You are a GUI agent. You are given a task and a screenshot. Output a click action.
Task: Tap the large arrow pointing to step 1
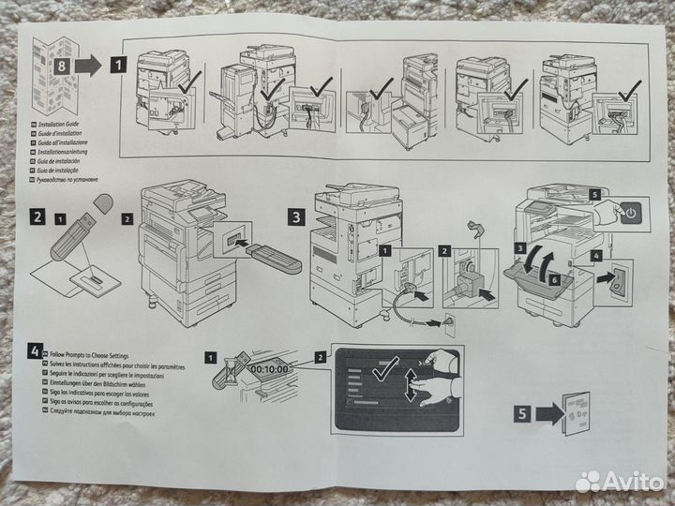[x=88, y=66]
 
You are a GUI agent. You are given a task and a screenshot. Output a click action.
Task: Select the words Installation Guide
[x=67, y=123]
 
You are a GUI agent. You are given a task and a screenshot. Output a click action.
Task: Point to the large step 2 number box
[x=37, y=216]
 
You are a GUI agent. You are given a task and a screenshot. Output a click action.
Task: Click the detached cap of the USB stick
[x=102, y=203]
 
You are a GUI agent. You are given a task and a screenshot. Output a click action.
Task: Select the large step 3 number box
[x=294, y=216]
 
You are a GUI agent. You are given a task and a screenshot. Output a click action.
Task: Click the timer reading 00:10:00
[x=269, y=369]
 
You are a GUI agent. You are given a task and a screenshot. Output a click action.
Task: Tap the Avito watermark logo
[x=619, y=481]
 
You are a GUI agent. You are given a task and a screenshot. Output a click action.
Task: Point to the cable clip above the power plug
[x=476, y=228]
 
